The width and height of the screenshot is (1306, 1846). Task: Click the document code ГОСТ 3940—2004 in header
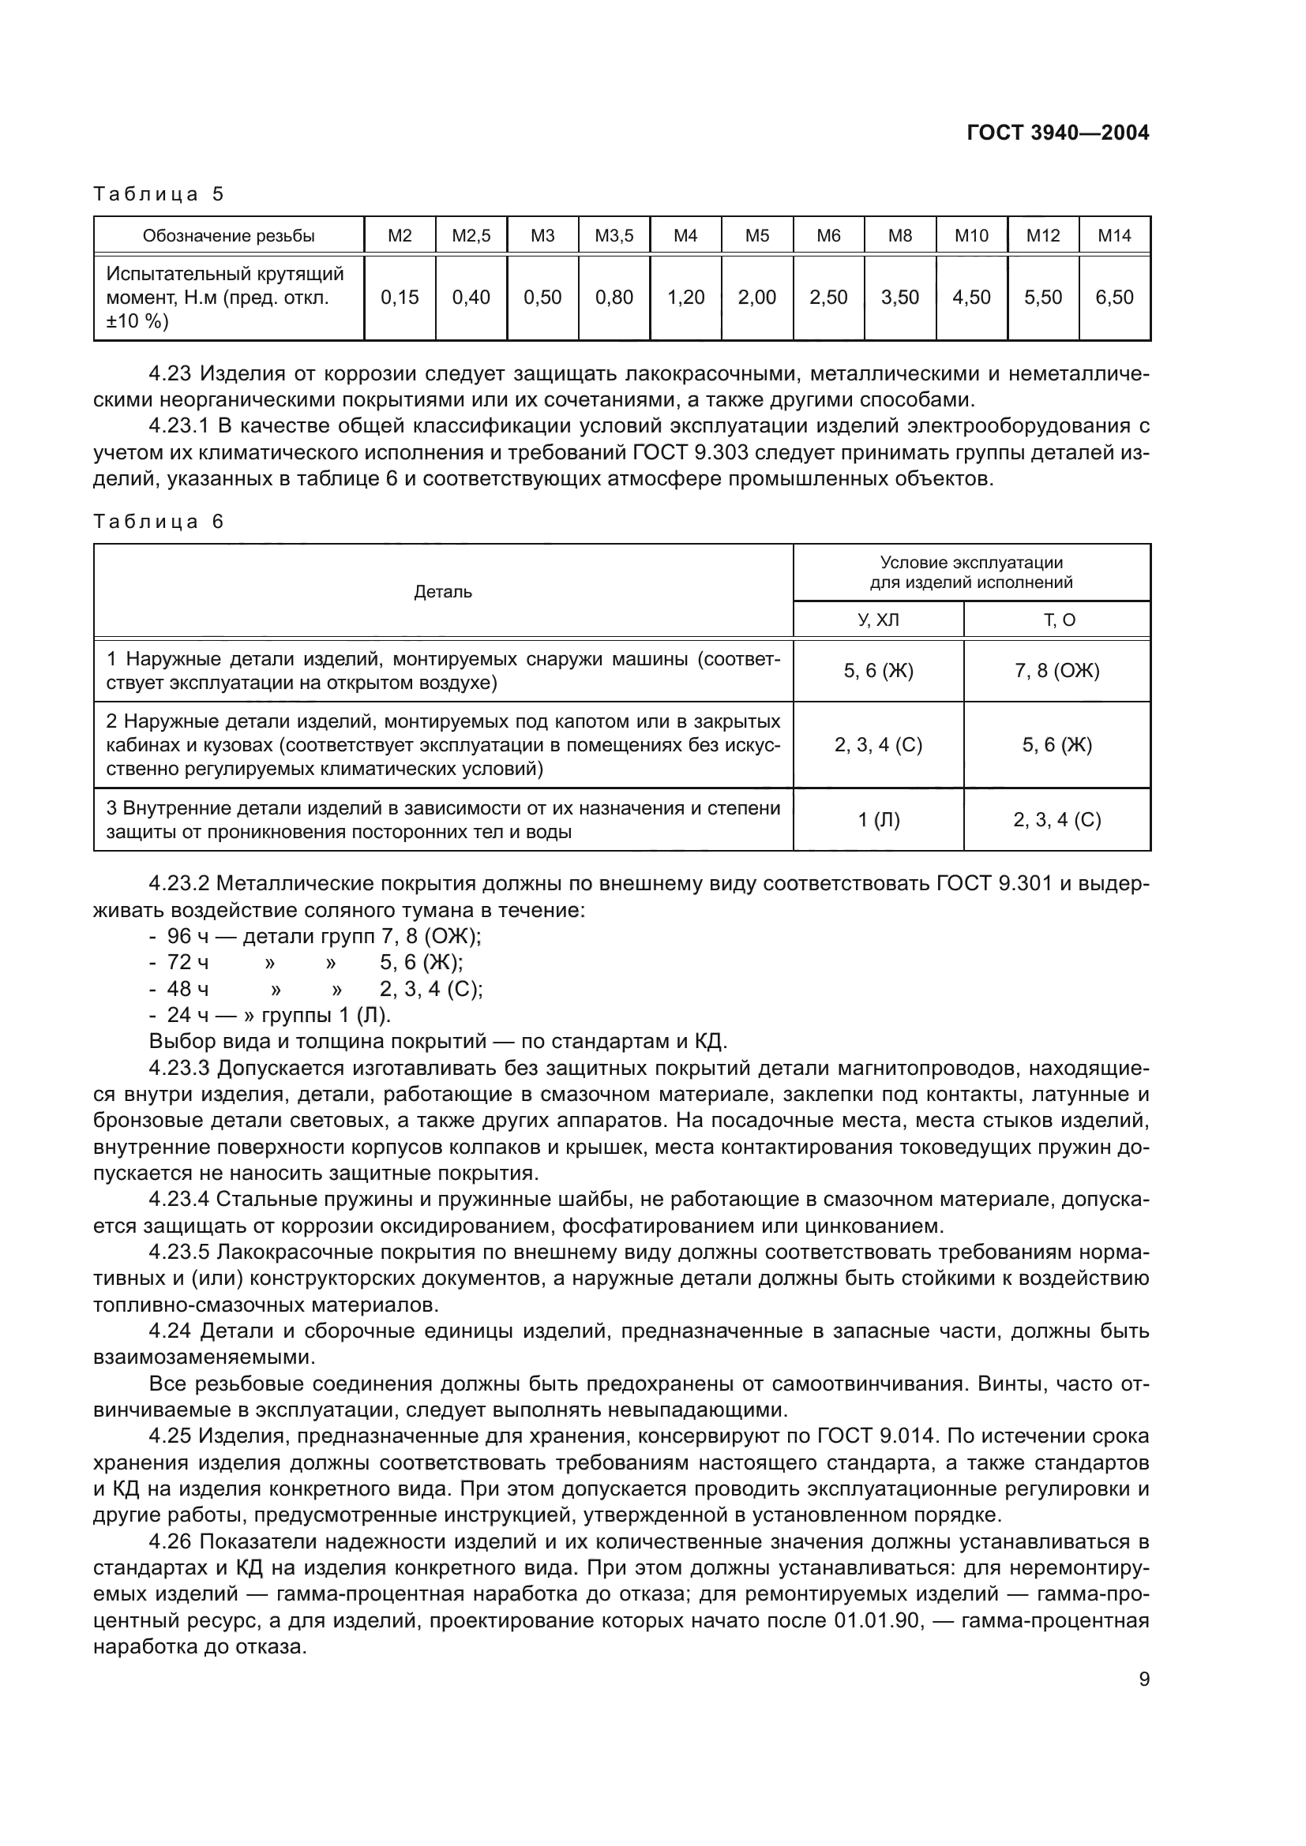pyautogui.click(x=1057, y=133)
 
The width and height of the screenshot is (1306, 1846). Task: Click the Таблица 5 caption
pyautogui.click(x=159, y=194)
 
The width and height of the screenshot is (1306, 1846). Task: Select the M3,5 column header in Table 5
pyautogui.click(x=614, y=235)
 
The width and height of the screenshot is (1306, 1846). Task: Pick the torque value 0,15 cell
pyautogui.click(x=400, y=298)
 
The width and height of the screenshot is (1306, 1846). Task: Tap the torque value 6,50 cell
pyautogui.click(x=1114, y=298)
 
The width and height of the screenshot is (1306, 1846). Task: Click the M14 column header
pyautogui.click(x=1114, y=235)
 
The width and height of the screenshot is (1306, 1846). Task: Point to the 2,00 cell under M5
pyautogui.click(x=756, y=298)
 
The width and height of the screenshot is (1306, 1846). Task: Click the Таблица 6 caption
pyautogui.click(x=159, y=522)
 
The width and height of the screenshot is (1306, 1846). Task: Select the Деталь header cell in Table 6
pyautogui.click(x=442, y=593)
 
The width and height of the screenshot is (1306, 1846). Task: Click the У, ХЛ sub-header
pyautogui.click(x=878, y=620)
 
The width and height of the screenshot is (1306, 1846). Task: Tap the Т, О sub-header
pyautogui.click(x=1056, y=620)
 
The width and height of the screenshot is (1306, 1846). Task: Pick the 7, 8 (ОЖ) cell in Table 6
pyautogui.click(x=1056, y=671)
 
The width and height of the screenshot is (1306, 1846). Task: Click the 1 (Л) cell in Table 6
pyautogui.click(x=878, y=820)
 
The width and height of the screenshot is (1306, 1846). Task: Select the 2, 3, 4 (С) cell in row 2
pyautogui.click(x=878, y=745)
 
